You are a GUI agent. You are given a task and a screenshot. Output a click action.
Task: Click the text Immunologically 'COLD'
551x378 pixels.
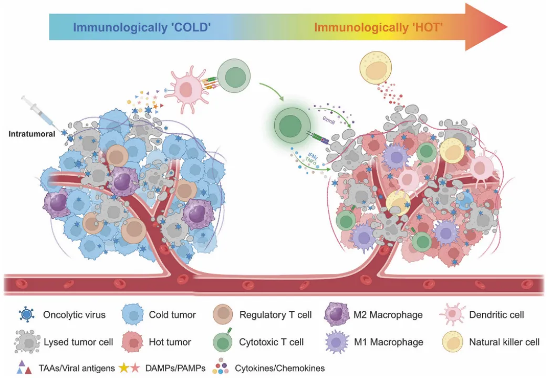142,27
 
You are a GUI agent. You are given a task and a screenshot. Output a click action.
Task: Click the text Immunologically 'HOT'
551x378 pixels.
378,27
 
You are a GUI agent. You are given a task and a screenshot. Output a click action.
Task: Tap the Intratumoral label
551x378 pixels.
32,134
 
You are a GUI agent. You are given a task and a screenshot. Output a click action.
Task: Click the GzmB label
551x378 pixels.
329,120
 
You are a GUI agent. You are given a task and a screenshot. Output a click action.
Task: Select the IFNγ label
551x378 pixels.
313,155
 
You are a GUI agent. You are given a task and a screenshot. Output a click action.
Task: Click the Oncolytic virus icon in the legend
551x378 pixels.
27,314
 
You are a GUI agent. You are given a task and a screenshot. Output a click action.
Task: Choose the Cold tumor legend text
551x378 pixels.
172,314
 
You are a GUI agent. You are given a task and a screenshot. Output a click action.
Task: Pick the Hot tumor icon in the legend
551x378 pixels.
132,342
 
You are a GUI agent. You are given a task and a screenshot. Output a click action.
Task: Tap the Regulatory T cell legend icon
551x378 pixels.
223,314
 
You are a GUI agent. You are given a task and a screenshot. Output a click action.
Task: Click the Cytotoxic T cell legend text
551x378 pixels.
271,342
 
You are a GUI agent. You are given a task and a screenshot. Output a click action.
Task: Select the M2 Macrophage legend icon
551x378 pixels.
337,314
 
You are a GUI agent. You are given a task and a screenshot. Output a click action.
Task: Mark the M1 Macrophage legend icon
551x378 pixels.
337,341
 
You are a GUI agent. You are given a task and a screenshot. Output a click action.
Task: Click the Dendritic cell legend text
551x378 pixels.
496,314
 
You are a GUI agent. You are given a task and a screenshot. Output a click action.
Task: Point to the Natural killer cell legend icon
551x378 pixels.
453,342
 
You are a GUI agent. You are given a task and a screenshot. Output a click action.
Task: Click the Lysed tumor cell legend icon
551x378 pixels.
27,341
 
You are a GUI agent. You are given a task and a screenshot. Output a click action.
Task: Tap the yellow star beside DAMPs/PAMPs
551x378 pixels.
124,368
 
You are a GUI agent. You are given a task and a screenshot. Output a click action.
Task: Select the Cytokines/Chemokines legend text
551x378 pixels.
280,368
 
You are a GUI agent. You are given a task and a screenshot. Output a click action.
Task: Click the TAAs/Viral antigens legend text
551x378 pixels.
77,368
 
